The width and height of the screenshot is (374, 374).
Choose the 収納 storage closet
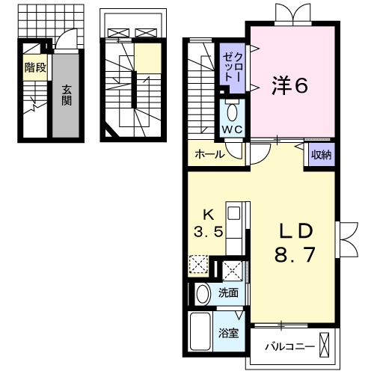click(321, 156)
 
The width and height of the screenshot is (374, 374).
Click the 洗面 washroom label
click(228, 292)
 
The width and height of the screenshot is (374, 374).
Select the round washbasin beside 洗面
click(202, 293)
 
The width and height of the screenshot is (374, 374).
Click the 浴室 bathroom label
click(229, 333)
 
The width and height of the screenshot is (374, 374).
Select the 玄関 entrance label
click(67, 93)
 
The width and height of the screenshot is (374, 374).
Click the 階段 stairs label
click(34, 69)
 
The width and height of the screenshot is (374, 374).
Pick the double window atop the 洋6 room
click(290, 13)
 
